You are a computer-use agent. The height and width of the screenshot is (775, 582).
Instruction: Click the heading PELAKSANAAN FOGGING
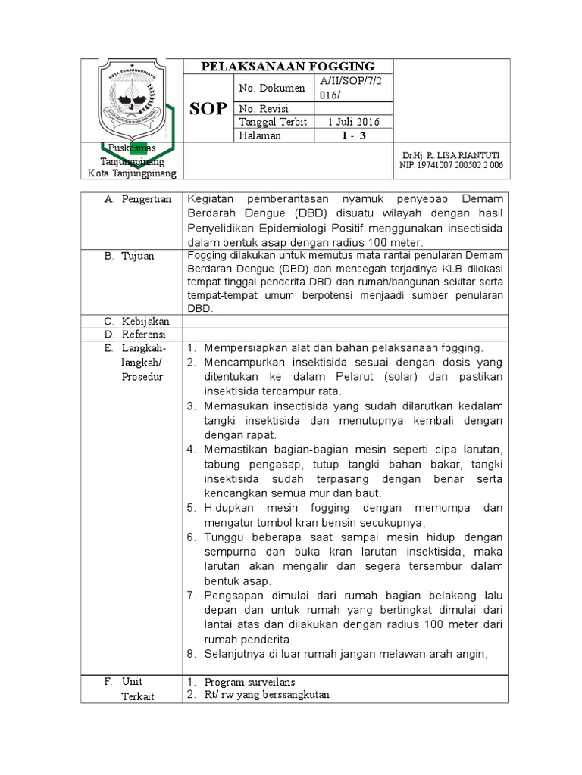coord(287,67)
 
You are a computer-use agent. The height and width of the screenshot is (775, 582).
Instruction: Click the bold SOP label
coord(208,108)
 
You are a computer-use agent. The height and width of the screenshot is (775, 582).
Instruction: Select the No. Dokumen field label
coord(272,89)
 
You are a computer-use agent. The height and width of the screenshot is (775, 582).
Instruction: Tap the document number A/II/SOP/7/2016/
coord(352,88)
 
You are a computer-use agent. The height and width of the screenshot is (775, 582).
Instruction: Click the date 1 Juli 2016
coord(353,122)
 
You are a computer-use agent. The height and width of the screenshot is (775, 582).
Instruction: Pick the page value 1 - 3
coord(352,135)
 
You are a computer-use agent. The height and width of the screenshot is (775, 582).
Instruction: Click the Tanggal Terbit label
coord(273,122)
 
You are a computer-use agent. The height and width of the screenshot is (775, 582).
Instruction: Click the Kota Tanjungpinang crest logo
coord(132,99)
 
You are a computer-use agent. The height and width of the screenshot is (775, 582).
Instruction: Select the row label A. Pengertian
coord(137,199)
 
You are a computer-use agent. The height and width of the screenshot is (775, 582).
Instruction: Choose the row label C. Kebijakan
coord(137,321)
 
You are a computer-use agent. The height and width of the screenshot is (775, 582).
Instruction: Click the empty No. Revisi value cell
coord(352,109)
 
